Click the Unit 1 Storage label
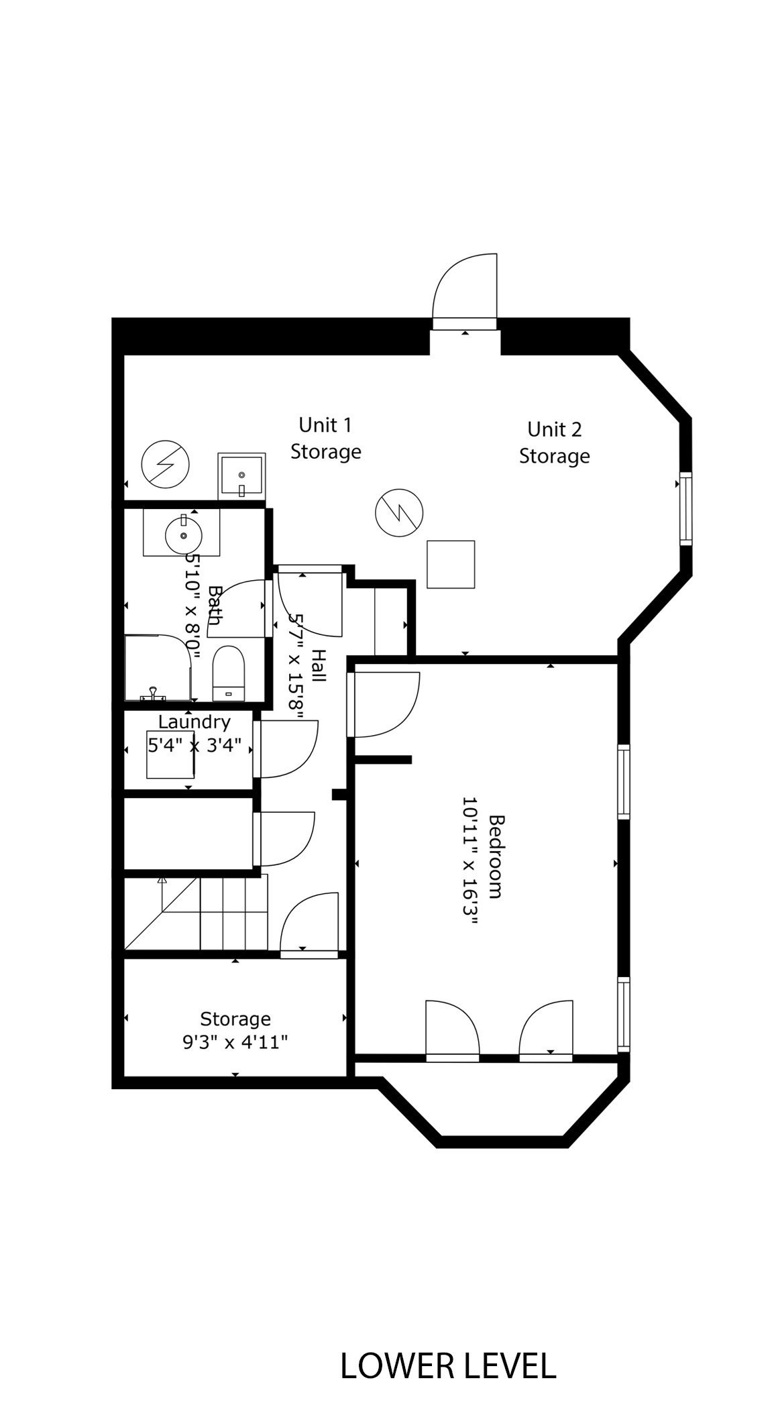325,438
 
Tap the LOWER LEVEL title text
448,1366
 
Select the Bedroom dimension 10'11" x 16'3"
470,860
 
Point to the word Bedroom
496,856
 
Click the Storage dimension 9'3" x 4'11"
235,1042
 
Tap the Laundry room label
194,722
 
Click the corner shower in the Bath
158,667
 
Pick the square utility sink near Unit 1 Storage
241,475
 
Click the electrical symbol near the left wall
165,463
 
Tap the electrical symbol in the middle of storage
399,512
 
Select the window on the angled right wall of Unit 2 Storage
685,508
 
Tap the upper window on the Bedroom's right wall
623,781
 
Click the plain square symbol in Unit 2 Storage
451,564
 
